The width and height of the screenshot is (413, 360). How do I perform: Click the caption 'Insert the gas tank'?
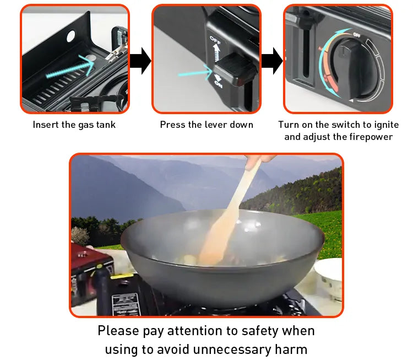click(x=74, y=125)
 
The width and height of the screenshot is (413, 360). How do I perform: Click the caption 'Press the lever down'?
click(x=206, y=125)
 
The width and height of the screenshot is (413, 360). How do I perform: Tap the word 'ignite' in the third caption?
click(x=384, y=125)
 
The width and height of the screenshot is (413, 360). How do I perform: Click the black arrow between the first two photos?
click(x=141, y=60)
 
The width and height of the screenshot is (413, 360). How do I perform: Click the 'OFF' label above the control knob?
click(x=357, y=35)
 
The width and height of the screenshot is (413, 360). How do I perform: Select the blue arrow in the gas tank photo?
click(x=69, y=66)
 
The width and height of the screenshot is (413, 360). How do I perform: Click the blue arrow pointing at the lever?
click(x=195, y=71)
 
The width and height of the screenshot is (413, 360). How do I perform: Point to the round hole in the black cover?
click(x=71, y=36)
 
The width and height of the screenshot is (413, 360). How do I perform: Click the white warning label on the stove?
click(x=126, y=304)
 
